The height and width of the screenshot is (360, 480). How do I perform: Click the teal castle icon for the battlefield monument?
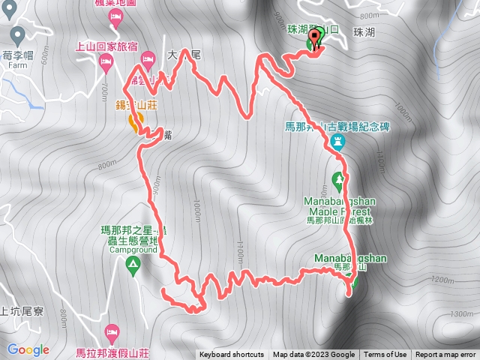tap(338, 141)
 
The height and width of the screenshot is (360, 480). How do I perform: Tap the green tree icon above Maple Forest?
tap(338, 180)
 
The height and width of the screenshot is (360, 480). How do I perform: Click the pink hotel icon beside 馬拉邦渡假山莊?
tap(113, 331)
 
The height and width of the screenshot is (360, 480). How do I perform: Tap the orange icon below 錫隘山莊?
tap(134, 120)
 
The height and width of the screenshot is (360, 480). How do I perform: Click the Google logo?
tap(28, 349)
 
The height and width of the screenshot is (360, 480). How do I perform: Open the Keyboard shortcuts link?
tap(232, 355)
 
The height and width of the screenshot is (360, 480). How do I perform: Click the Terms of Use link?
tap(385, 355)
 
